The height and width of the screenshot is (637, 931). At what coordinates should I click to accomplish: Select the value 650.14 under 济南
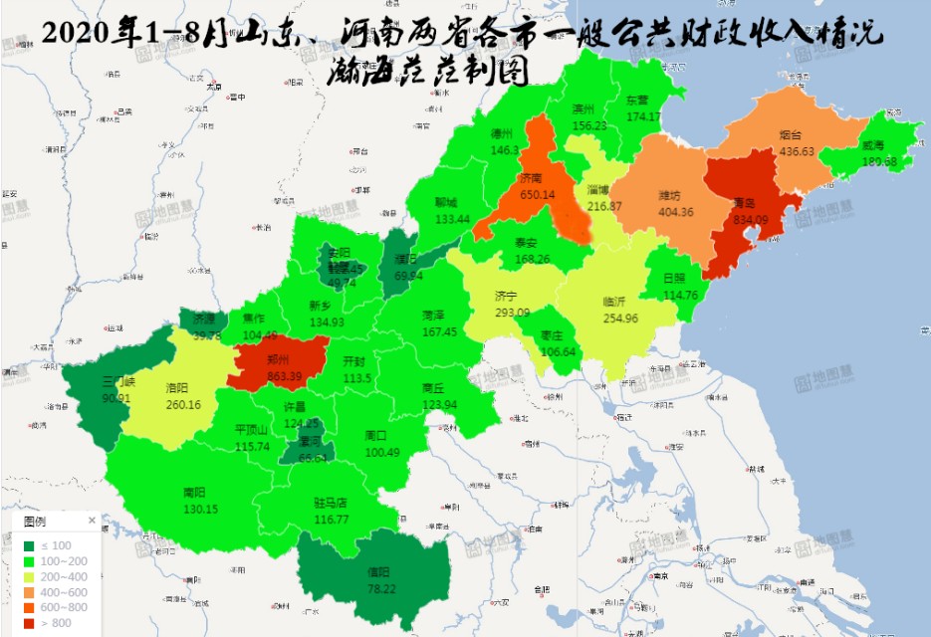537,195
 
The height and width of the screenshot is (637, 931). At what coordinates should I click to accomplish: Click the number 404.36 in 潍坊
676,212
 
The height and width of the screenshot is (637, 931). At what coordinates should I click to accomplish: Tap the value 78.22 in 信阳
378,589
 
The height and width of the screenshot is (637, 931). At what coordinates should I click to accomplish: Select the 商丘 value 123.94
439,405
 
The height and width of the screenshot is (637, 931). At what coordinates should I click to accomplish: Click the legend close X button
92,520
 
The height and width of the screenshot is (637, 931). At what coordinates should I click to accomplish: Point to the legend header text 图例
34,521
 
